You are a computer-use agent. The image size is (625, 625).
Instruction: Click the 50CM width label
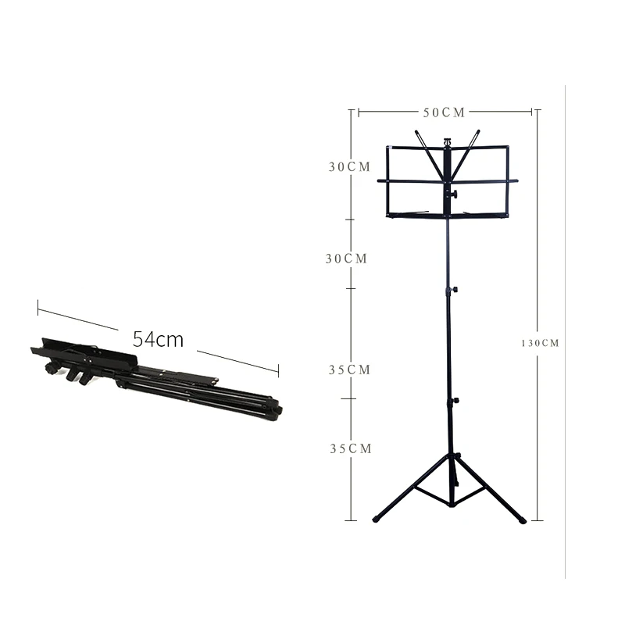(x=444, y=112)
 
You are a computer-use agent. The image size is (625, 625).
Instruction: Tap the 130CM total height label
(x=540, y=343)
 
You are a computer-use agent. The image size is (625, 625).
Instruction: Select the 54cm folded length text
(x=158, y=340)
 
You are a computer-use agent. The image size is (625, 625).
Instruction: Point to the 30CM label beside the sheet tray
(x=349, y=166)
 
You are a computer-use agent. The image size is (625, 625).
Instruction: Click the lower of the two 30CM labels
(x=346, y=259)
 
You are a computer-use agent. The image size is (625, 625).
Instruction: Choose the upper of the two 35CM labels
(x=349, y=370)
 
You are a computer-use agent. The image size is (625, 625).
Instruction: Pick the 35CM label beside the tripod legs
(x=351, y=448)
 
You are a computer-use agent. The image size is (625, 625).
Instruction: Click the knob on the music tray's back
(x=454, y=194)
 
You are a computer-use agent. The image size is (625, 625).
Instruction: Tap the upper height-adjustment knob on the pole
(x=454, y=289)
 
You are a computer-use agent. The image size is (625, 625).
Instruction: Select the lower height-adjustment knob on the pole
(x=455, y=400)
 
